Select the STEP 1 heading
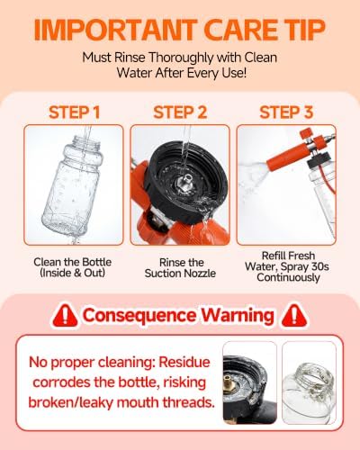(x=74, y=112)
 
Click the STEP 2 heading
(x=180, y=112)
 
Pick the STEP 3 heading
(x=286, y=112)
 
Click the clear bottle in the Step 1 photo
(x=74, y=186)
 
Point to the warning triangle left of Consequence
(x=65, y=316)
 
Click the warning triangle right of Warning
(x=294, y=316)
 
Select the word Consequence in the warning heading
(x=139, y=315)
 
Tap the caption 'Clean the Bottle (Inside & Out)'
(x=73, y=267)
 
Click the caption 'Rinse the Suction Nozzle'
(x=180, y=267)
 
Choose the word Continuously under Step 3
(x=288, y=277)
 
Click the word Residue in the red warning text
(x=184, y=362)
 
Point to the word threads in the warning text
(x=189, y=402)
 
